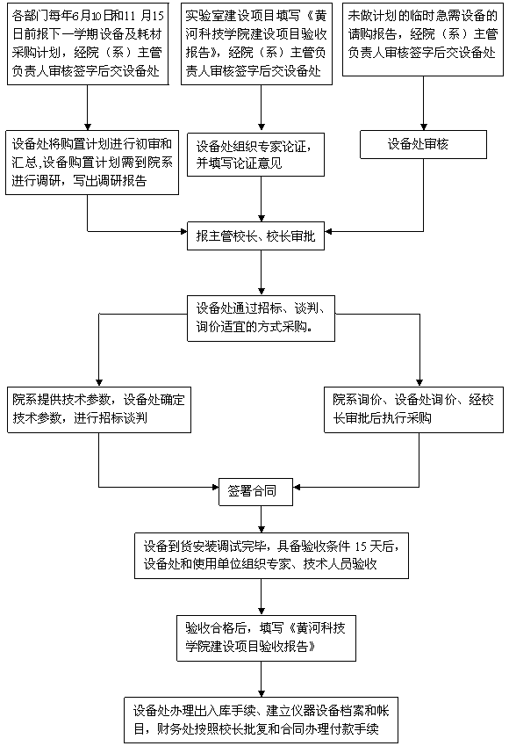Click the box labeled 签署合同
(255, 491)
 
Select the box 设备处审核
(424, 144)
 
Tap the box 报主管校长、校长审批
(255, 236)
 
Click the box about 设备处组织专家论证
(255, 155)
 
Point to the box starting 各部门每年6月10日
(88, 44)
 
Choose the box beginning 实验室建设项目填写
(256, 44)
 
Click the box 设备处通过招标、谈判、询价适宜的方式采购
(261, 318)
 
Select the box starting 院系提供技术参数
(99, 409)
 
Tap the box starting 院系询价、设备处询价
(413, 409)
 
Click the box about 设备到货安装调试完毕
(271, 555)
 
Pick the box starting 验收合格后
(266, 639)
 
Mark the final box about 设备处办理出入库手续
(261, 721)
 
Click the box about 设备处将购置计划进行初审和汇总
(92, 163)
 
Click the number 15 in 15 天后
(362, 547)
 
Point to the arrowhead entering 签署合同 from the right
(297, 487)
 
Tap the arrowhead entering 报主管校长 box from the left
(183, 232)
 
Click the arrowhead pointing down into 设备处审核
(424, 127)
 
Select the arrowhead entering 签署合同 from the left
(215, 487)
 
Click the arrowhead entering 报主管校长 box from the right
(328, 232)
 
